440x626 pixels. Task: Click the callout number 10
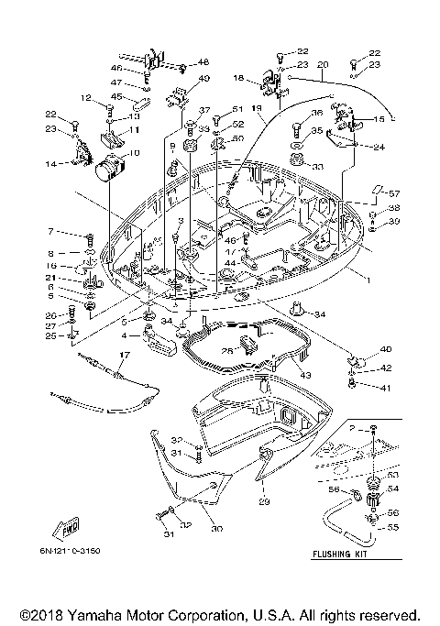tap(134, 153)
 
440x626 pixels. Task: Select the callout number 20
tap(322, 65)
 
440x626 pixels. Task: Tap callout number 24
tap(379, 147)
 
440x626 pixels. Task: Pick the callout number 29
tap(265, 501)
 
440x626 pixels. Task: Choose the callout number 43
tap(305, 375)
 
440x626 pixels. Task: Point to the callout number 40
tap(386, 348)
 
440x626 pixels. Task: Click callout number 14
tap(51, 164)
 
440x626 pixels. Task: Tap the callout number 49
tap(203, 79)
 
